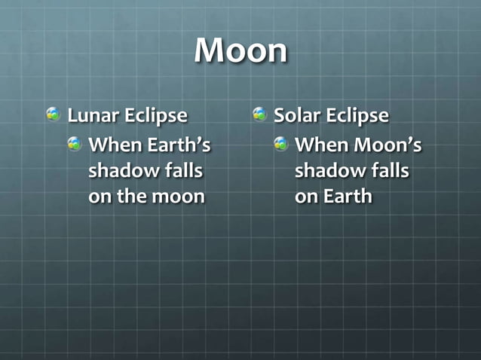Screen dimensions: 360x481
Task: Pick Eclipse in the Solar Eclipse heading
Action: pos(357,117)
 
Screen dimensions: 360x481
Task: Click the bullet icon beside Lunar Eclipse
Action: pos(54,114)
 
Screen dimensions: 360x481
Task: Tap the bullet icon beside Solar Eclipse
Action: pos(260,114)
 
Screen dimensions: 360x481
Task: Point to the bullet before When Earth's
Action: pos(74,142)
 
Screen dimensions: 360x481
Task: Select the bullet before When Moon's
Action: pos(280,142)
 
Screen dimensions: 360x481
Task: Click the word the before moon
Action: pos(133,197)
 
